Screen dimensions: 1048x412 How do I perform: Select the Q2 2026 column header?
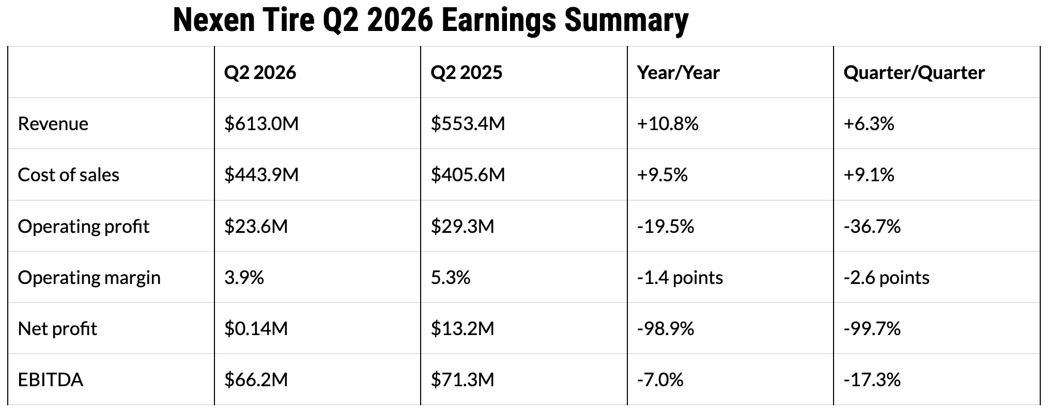tap(260, 72)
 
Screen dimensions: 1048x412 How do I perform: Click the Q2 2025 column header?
tap(466, 72)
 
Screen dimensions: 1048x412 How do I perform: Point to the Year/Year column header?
tap(678, 73)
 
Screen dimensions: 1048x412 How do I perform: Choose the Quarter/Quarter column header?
tap(914, 73)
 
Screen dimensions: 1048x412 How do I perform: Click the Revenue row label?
tap(53, 124)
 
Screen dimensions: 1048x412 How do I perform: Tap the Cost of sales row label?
tap(69, 175)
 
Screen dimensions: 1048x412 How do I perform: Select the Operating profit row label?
tap(84, 227)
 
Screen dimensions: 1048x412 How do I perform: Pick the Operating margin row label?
tap(89, 278)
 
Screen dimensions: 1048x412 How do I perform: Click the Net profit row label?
tap(57, 329)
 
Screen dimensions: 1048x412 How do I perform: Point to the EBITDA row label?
tap(51, 380)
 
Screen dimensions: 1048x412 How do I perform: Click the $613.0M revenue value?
tap(261, 124)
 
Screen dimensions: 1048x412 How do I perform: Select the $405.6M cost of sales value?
tap(468, 175)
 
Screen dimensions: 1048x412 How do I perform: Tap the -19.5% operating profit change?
tap(666, 227)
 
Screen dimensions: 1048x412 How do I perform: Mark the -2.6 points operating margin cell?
tap(887, 278)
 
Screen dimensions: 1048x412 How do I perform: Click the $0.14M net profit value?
tap(256, 329)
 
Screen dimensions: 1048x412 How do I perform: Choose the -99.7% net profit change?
tap(872, 329)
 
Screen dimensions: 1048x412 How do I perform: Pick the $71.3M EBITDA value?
tap(463, 380)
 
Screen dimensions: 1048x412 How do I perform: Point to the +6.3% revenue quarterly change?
tap(869, 124)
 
